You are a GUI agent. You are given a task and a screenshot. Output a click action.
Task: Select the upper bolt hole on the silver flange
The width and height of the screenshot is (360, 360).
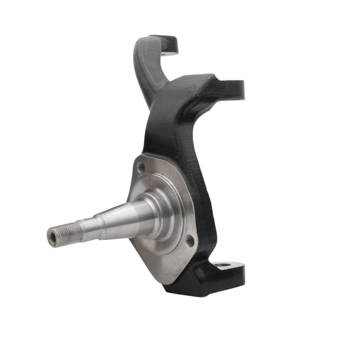click(x=141, y=167)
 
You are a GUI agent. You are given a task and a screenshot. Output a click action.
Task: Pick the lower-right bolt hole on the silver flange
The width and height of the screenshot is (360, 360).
click(x=190, y=240)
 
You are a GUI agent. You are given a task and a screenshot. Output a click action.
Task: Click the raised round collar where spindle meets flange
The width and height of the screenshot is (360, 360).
click(x=160, y=210)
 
